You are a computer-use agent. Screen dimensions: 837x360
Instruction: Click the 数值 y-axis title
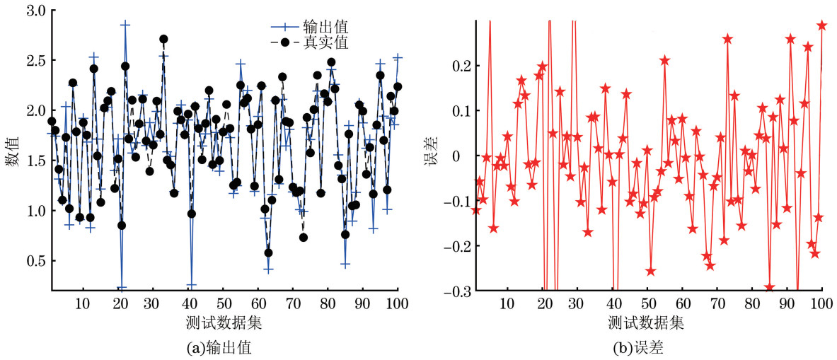point(12,151)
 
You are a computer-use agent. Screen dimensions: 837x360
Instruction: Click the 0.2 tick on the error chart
point(459,66)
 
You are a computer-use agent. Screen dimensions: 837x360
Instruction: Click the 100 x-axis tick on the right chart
point(821,305)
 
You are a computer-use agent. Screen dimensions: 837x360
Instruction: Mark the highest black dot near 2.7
point(164,39)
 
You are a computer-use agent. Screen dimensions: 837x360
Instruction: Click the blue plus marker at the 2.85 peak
point(125,24)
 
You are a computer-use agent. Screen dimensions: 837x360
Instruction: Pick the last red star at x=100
point(822,25)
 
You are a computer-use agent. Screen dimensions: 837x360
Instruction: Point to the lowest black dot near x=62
point(268,252)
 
